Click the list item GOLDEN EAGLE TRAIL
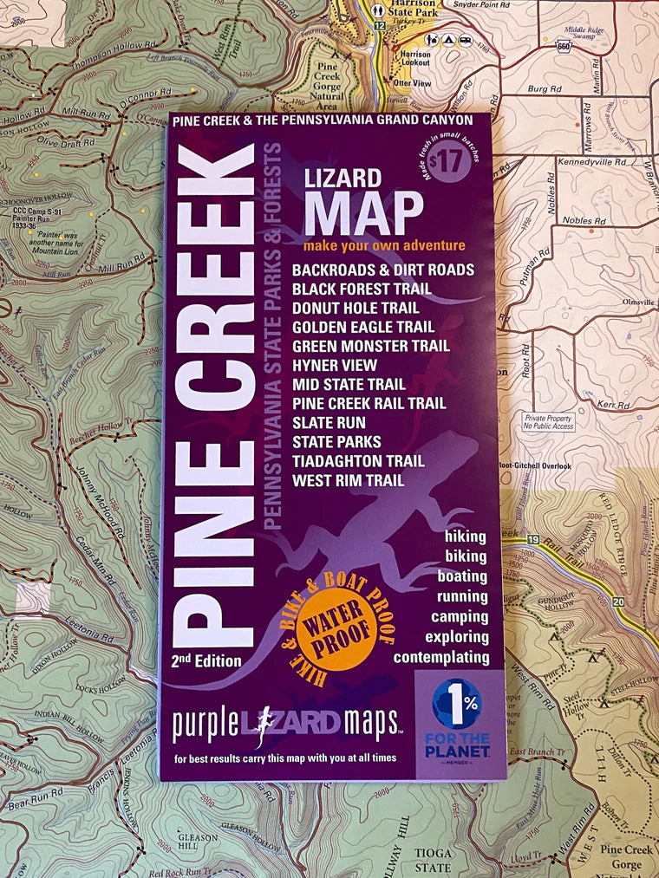(363, 327)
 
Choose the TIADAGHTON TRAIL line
(358, 461)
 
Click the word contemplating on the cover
(441, 656)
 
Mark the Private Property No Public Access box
(548, 422)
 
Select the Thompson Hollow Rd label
(113, 53)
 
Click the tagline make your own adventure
(385, 246)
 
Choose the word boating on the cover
(462, 576)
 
